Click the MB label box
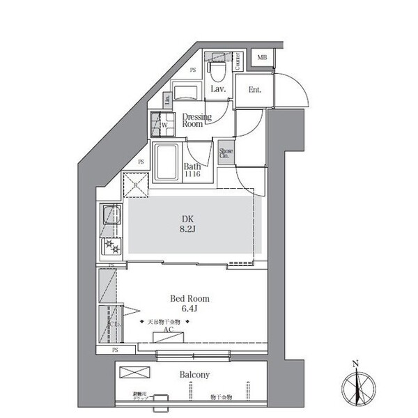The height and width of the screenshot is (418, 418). pos(261,58)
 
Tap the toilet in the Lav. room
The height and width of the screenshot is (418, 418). pos(218,69)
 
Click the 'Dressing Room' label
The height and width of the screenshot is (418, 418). pos(192,120)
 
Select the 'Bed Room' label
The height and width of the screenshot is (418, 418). pos(189,299)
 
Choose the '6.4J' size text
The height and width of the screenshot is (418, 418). pos(189,309)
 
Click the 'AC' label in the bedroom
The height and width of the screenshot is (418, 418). pos(168,332)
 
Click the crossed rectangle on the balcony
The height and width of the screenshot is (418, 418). pos(132,373)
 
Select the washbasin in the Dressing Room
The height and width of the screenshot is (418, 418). pos(186,94)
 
